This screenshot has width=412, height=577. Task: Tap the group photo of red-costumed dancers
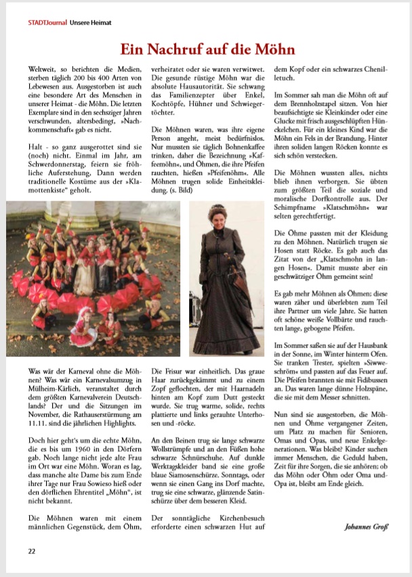(x=94, y=278)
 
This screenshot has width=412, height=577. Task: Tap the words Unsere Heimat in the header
(x=87, y=22)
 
